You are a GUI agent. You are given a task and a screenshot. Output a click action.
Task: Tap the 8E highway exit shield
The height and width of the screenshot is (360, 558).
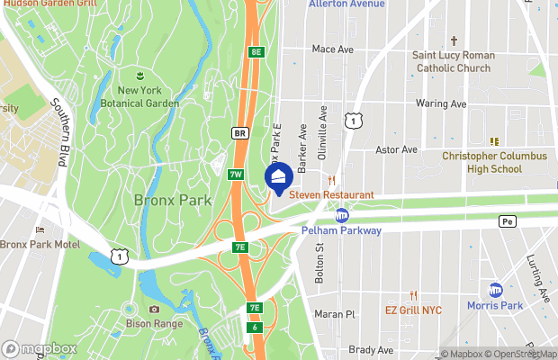(256, 52)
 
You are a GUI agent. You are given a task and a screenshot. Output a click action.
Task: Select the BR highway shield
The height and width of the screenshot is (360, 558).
(239, 133)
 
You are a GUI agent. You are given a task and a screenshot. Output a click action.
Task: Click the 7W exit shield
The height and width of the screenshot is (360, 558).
(236, 174)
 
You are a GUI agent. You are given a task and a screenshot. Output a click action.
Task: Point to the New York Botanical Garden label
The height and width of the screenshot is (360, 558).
(139, 96)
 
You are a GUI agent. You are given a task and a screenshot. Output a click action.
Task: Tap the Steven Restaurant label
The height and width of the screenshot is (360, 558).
(330, 194)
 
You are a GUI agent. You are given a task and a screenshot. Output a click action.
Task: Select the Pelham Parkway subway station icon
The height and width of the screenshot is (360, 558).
(342, 215)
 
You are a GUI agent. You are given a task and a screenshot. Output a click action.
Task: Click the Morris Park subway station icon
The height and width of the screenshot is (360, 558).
(496, 290)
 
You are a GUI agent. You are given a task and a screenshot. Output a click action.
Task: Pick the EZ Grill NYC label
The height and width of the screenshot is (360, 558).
(413, 310)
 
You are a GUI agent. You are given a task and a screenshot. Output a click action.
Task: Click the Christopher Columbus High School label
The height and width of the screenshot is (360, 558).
(494, 162)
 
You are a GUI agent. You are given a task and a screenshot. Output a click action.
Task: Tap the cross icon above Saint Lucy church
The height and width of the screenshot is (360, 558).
(454, 40)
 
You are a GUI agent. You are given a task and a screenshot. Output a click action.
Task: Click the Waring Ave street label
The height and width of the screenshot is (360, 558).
(441, 103)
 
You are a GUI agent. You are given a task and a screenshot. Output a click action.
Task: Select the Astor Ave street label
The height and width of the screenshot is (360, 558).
(397, 149)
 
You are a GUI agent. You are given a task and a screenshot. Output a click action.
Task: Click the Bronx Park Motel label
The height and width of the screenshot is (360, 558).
(40, 244)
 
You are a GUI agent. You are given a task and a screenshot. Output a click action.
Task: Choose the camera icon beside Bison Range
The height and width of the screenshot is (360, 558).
(155, 310)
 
